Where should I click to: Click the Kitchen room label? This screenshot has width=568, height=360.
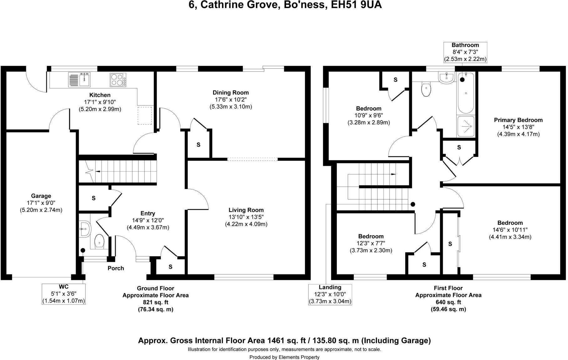[x=100, y=95]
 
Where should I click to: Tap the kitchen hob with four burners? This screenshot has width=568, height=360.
[x=118, y=80]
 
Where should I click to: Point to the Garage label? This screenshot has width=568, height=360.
[x=41, y=196]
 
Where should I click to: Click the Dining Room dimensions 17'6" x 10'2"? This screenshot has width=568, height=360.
[x=231, y=100]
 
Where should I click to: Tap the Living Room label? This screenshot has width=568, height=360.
[x=246, y=210]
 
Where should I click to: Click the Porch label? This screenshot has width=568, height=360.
[x=116, y=268]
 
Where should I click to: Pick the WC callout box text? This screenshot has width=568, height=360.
[x=63, y=294]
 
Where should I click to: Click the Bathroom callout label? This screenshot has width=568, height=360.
[x=465, y=45]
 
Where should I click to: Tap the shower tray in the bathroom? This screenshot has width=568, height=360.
[x=466, y=126]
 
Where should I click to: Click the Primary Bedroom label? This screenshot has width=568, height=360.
[x=518, y=120]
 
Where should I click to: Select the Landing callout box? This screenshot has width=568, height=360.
[x=330, y=294]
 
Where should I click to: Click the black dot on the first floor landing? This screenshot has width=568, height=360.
[x=413, y=204]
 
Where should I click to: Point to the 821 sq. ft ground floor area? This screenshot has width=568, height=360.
[x=155, y=302]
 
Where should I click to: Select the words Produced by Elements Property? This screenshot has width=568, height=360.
[x=284, y=357]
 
